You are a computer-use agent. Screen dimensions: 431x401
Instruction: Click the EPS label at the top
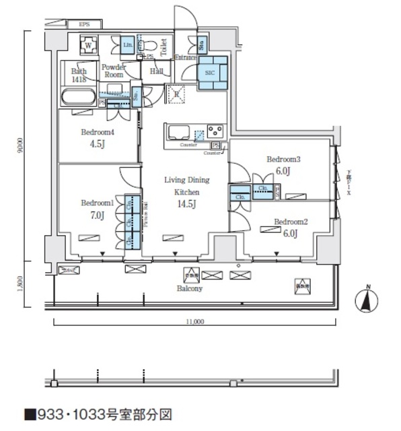point(84,25)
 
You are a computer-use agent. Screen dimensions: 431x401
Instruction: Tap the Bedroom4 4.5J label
point(98,138)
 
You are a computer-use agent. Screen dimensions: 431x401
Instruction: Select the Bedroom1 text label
point(97,203)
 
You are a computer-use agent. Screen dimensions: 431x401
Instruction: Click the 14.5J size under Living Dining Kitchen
point(187,205)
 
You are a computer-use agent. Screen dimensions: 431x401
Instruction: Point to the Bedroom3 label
point(283,160)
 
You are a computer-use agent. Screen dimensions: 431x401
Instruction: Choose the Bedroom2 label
point(291,222)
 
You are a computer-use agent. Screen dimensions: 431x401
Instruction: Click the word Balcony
point(191,288)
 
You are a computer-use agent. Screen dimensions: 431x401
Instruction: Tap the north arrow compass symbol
point(366,299)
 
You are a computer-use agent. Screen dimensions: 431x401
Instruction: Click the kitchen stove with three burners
point(215,131)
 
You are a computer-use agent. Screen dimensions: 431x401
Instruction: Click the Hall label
point(156,71)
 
